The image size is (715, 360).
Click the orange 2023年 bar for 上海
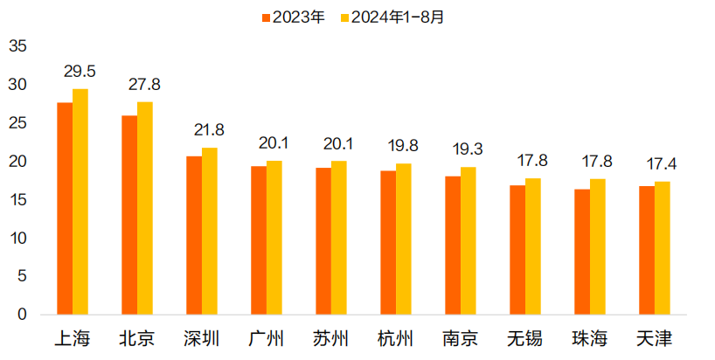pyautogui.click(x=65, y=209)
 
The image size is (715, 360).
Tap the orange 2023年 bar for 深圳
pyautogui.click(x=194, y=235)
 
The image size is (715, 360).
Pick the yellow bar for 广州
pyautogui.click(x=274, y=238)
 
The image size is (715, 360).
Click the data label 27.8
pyautogui.click(x=145, y=85)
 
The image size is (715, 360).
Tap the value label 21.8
pyautogui.click(x=209, y=130)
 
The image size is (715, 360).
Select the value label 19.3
pyautogui.click(x=469, y=149)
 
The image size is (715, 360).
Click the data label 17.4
pyautogui.click(x=662, y=163)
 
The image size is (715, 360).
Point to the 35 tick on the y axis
pyautogui.click(x=19, y=46)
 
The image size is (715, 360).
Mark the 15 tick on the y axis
pyautogui.click(x=19, y=200)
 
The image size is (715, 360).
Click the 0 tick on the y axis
pyautogui.click(x=24, y=315)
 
